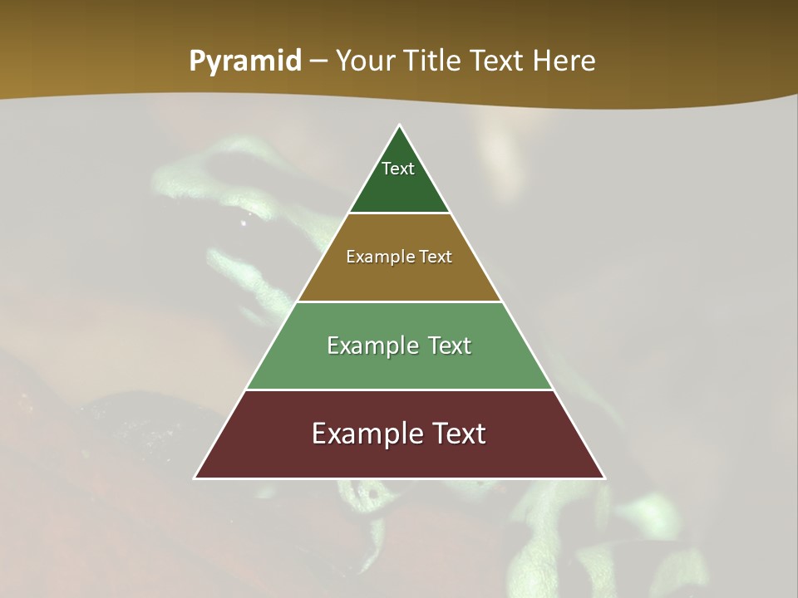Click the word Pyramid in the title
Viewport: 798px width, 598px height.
244,61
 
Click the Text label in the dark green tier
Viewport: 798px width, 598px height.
398,169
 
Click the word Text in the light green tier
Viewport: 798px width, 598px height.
450,346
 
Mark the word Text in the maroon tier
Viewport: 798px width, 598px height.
456,434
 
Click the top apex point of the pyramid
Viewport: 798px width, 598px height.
400,126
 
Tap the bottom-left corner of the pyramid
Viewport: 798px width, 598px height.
195,478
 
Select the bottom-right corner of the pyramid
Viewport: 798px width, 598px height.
604,478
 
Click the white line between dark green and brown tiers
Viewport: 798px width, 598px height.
400,213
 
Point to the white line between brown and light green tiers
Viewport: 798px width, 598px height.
400,301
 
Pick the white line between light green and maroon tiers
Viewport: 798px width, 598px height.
400,390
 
